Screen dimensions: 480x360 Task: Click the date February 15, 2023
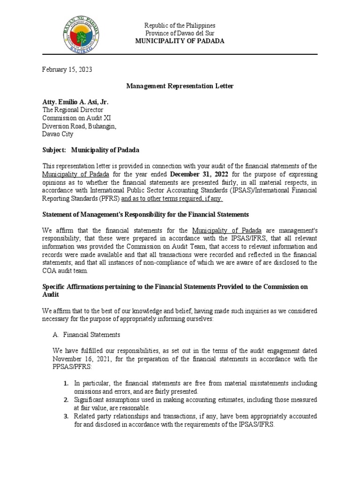pos(67,69)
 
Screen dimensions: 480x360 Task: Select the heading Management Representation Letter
pos(180,86)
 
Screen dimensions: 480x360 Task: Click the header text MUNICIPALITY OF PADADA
pos(180,41)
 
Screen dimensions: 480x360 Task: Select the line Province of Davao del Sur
pos(180,33)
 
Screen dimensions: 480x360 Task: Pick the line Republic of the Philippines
pos(180,25)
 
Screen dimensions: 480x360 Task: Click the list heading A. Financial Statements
pos(88,335)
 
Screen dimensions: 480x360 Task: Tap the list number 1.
pos(66,383)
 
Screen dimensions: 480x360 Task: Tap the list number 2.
pos(66,399)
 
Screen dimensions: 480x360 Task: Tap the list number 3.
pos(66,416)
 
